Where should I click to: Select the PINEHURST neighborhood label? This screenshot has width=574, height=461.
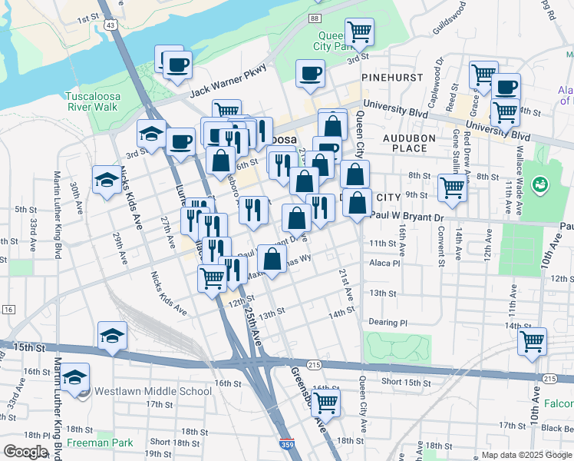click(x=388, y=77)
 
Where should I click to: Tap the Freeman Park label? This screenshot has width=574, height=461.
click(x=99, y=443)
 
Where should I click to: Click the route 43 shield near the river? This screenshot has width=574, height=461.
click(x=112, y=25)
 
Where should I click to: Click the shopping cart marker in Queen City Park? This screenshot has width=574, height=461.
click(x=359, y=32)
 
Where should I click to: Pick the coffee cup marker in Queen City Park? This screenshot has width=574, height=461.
click(x=311, y=73)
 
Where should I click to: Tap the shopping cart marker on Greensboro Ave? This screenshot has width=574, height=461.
click(x=326, y=402)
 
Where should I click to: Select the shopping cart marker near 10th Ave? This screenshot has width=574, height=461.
click(x=532, y=340)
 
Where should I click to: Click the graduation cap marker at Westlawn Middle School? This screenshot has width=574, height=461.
click(x=75, y=377)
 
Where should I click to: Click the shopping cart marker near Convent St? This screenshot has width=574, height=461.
click(x=453, y=187)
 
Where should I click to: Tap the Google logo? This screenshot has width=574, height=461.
click(x=25, y=452)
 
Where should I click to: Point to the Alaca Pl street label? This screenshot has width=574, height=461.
click(x=385, y=263)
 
